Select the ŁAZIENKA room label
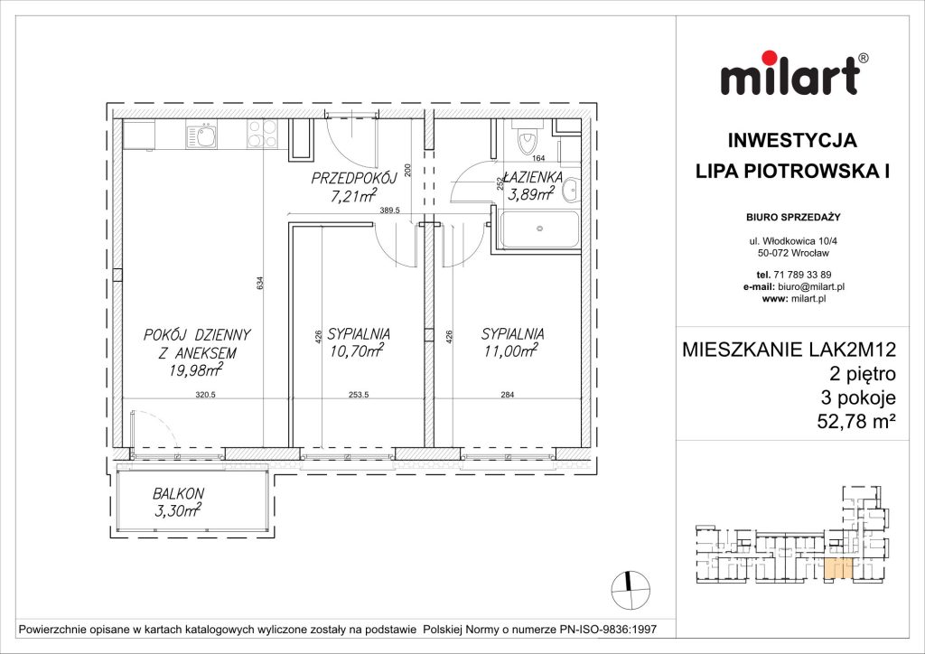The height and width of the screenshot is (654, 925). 535,177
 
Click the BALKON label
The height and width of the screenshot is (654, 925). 178,493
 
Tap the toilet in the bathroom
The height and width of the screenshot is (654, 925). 526,141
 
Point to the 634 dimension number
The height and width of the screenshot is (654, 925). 260,284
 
